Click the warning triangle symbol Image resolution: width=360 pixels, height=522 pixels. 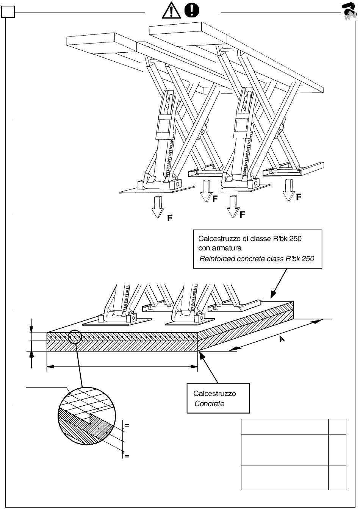pyautogui.click(x=171, y=10)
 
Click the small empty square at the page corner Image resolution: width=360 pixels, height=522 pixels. pyautogui.click(x=8, y=13)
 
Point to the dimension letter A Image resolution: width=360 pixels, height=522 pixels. pyautogui.click(x=282, y=339)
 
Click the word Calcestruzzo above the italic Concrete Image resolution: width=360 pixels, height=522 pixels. pyautogui.click(x=214, y=394)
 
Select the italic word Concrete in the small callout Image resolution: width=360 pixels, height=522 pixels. pyautogui.click(x=209, y=404)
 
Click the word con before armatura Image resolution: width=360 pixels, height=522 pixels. pyautogui.click(x=204, y=248)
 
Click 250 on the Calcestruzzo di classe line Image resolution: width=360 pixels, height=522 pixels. pyautogui.click(x=294, y=239)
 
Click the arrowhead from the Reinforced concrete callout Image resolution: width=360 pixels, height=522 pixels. pyautogui.click(x=272, y=295)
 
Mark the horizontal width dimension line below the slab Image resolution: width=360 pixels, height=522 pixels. pyautogui.click(x=122, y=367)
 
